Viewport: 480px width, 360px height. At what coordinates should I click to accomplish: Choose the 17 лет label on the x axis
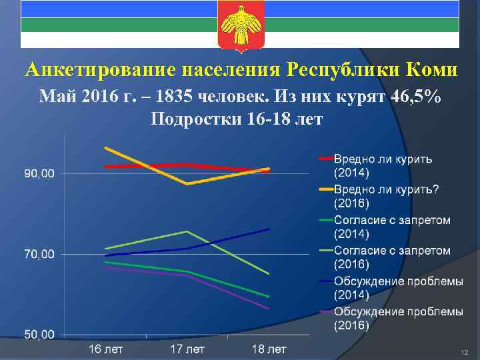187,349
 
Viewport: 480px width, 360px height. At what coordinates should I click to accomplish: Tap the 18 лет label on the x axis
269,349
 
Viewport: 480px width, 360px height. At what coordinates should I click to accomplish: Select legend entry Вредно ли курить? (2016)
386,196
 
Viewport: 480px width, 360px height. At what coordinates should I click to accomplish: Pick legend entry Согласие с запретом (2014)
392,227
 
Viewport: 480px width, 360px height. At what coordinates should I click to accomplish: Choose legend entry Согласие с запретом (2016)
392,257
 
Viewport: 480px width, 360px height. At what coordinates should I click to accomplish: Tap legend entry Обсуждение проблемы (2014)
398,288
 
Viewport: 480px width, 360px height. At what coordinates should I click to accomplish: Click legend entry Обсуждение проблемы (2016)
398,319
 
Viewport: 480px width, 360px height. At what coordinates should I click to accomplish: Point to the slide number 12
465,351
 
